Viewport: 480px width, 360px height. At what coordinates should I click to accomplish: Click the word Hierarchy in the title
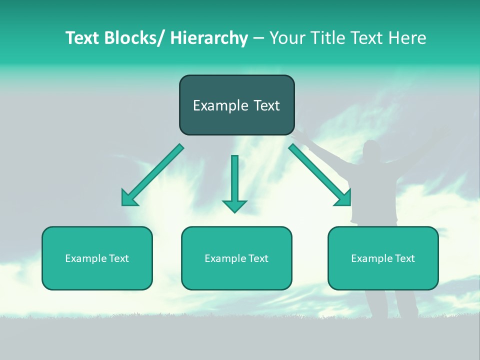pos(208,38)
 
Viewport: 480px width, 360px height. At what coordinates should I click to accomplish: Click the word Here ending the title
pos(408,38)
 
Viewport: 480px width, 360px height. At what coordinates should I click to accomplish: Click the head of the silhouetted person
pos(371,151)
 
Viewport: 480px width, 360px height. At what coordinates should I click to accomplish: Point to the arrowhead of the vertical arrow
pos(234,205)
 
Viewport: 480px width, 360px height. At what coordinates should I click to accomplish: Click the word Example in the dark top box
pos(220,105)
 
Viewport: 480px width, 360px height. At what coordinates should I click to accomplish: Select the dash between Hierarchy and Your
pos(258,38)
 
